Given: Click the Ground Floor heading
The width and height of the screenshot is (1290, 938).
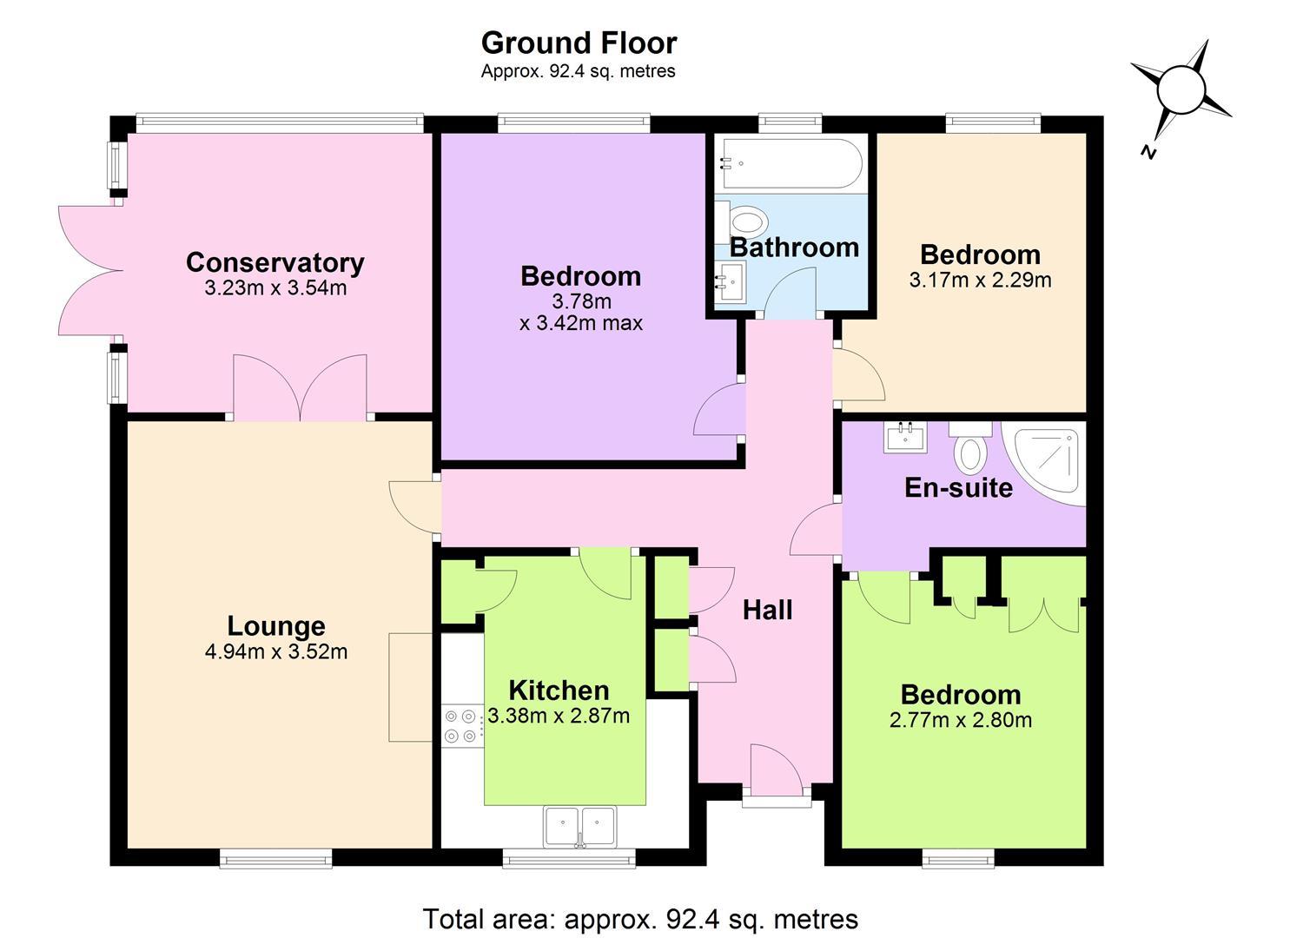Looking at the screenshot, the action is click(x=579, y=43).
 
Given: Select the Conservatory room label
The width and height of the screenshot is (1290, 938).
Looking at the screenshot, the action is click(x=275, y=262).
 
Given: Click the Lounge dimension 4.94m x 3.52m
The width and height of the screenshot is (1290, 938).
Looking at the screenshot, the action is click(x=276, y=651).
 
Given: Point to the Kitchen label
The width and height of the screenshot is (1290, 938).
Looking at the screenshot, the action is click(x=559, y=690).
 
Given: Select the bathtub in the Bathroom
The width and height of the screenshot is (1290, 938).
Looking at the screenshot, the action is click(x=789, y=163).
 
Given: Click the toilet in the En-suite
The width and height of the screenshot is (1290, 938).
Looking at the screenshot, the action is click(x=970, y=446).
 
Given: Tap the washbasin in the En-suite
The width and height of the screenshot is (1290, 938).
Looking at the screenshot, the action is click(x=904, y=437).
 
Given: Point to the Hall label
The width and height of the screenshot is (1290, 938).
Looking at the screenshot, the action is click(x=767, y=610).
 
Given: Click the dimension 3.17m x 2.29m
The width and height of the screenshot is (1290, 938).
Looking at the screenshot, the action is click(x=980, y=281).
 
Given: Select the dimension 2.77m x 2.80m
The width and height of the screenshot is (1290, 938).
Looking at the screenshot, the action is click(x=961, y=720).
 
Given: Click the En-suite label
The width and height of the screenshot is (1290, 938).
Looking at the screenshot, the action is click(x=959, y=487).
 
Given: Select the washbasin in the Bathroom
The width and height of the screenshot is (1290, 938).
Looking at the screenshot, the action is click(x=731, y=281).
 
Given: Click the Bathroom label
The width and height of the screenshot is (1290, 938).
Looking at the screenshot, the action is click(x=794, y=248).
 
